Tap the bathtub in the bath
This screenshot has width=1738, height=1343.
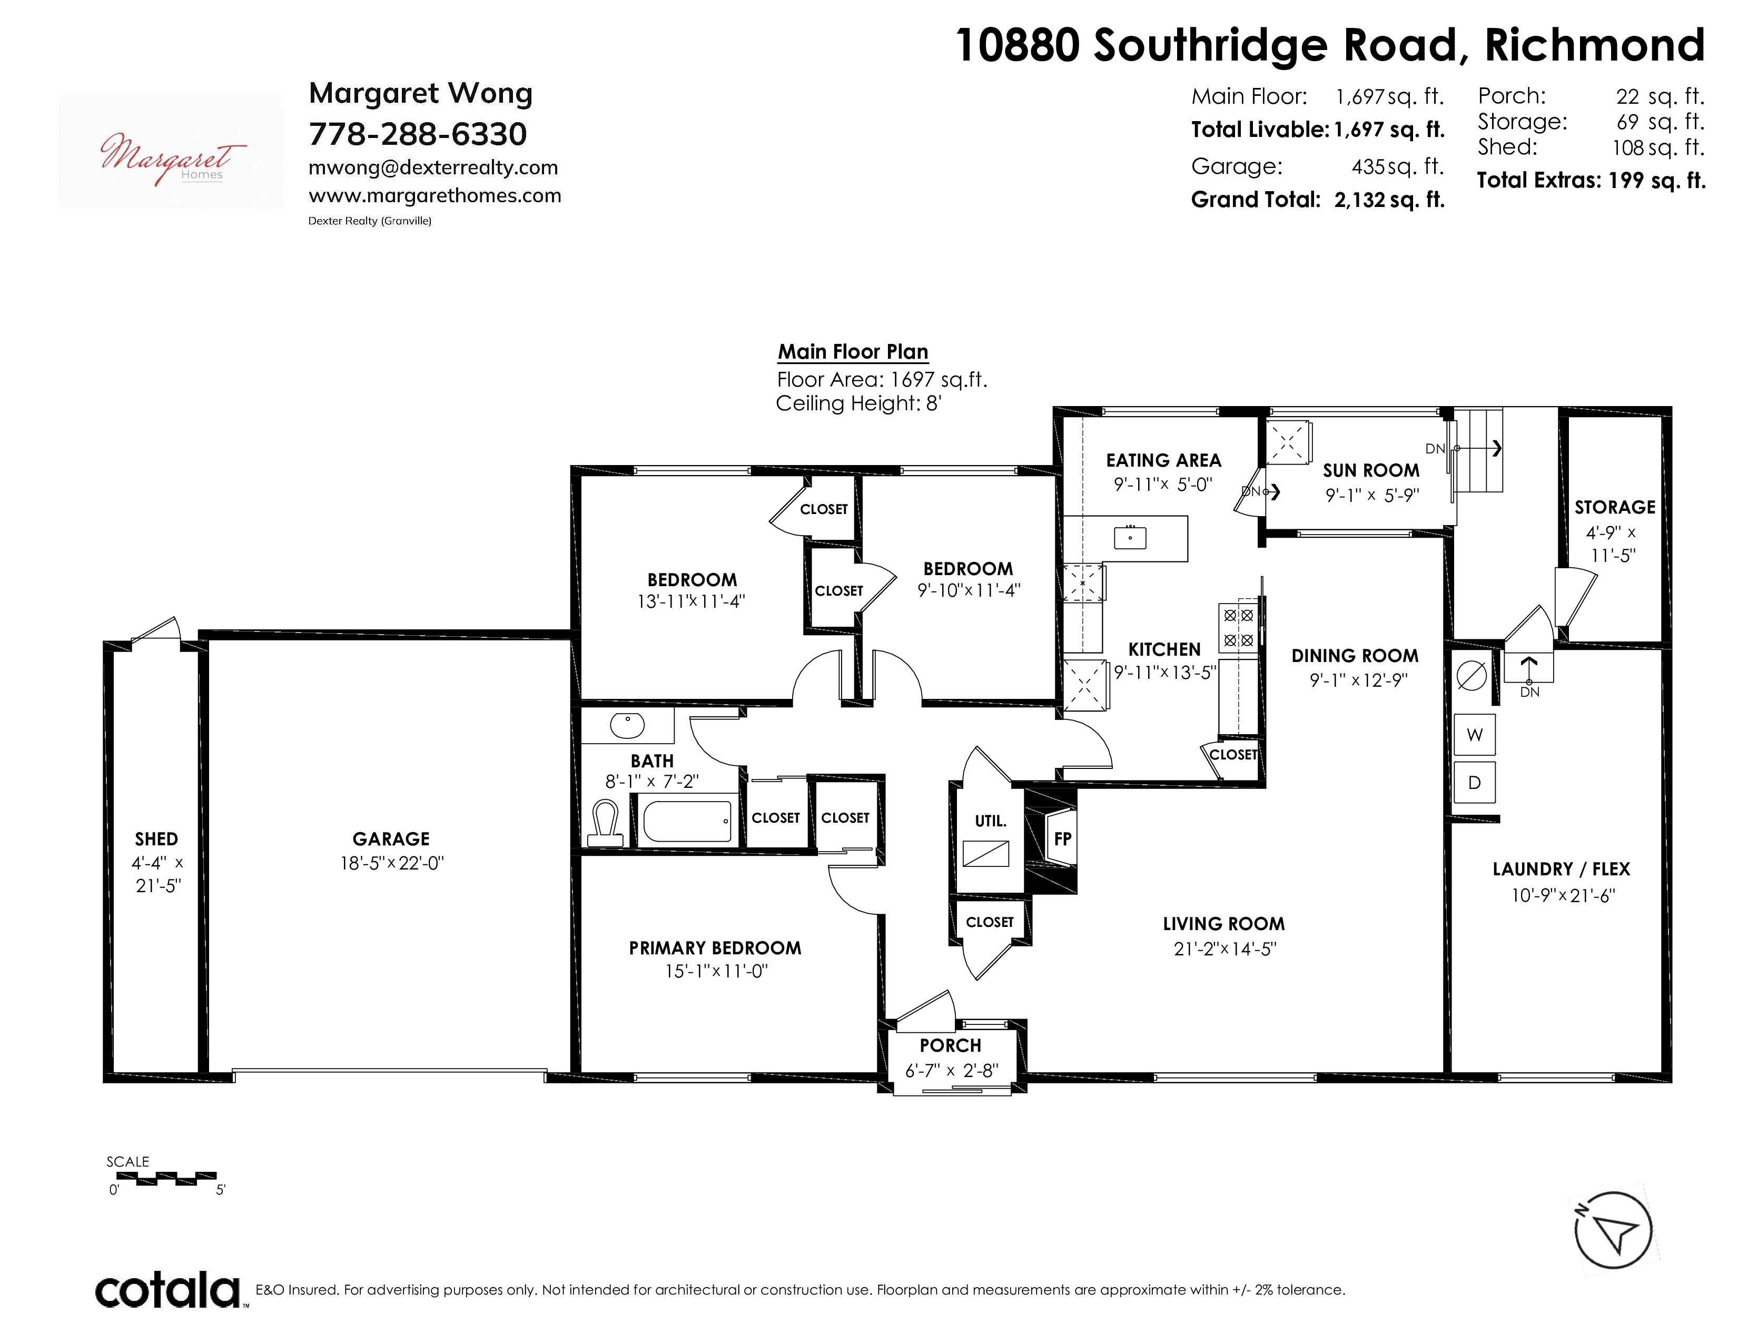tap(687, 821)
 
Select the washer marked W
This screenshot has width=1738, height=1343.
tap(1475, 734)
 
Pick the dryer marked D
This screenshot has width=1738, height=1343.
tap(1475, 782)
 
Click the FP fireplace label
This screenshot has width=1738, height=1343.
tap(1062, 838)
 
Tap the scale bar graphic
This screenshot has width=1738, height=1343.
tap(166, 1178)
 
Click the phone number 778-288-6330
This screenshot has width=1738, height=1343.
tap(418, 134)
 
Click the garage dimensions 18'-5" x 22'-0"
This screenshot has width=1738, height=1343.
tap(391, 863)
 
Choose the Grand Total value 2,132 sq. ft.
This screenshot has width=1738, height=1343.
tap(1389, 200)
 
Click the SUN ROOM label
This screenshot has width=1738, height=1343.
tap(1371, 470)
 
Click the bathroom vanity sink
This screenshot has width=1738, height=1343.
tap(627, 725)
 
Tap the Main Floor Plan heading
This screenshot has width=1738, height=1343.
tap(853, 352)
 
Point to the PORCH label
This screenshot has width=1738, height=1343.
tap(950, 1045)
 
